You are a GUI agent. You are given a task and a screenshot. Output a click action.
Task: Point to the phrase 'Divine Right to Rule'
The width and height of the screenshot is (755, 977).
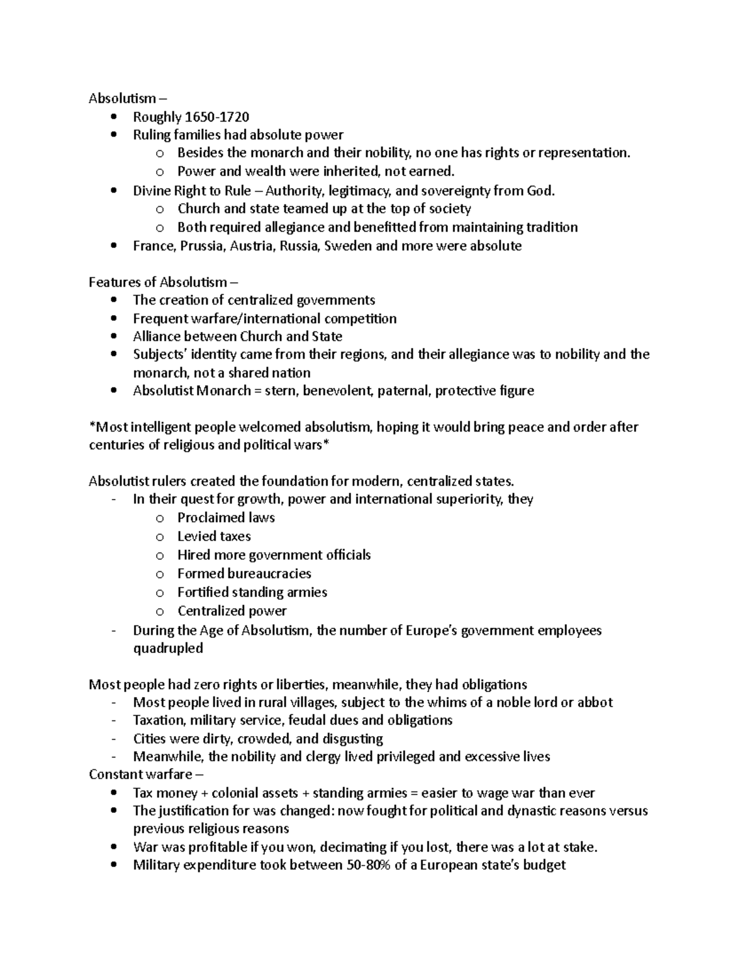tap(192, 191)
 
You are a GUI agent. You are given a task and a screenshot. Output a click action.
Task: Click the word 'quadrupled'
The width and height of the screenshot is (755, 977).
tap(167, 648)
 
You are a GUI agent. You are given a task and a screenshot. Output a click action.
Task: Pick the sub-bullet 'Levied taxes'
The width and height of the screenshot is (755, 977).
tap(214, 537)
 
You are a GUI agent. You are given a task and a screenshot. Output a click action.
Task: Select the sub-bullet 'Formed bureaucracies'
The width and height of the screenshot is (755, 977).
tap(244, 574)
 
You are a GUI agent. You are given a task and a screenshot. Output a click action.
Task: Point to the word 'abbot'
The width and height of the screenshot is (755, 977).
tap(595, 703)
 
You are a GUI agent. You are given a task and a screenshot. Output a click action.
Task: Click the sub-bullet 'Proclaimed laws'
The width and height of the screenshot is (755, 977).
tap(226, 518)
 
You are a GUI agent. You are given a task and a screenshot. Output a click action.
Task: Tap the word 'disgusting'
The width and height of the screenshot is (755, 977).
tap(352, 739)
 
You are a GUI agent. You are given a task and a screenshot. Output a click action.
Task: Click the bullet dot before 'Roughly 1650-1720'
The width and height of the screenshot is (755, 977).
tap(114, 117)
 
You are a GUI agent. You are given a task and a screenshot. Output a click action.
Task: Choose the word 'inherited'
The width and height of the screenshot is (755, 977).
tap(352, 172)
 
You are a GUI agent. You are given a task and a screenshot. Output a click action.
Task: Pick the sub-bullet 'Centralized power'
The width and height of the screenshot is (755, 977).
tap(232, 611)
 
